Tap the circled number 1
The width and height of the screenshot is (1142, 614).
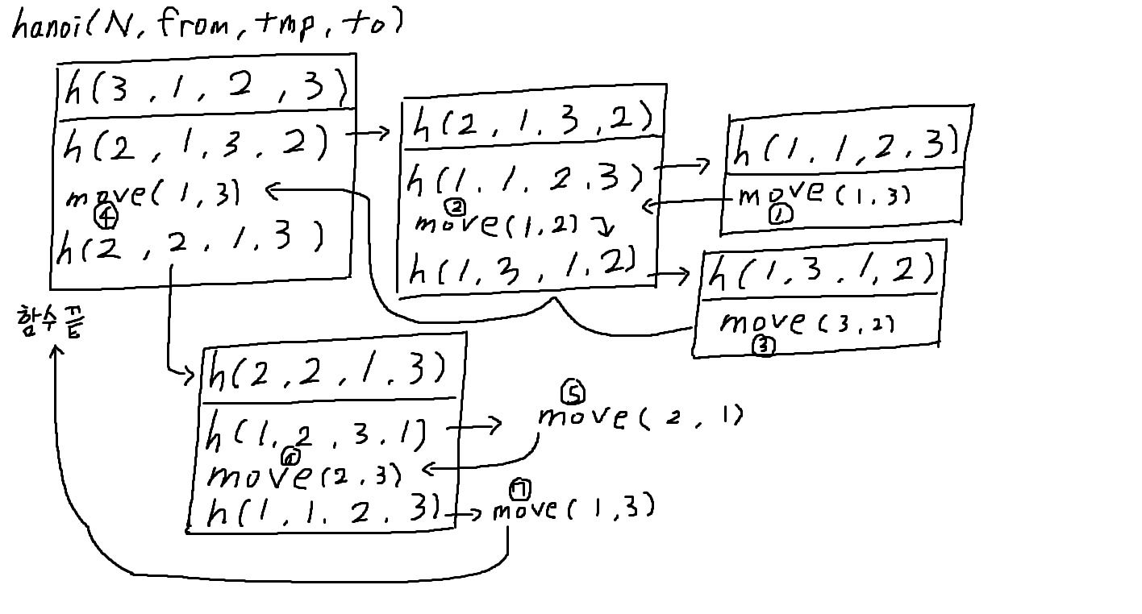[x=781, y=214]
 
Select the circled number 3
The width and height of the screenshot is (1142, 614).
[x=762, y=347]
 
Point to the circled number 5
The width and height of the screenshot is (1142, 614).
[x=573, y=393]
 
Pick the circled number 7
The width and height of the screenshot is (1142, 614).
[x=520, y=487]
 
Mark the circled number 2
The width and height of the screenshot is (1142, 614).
[x=456, y=207]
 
